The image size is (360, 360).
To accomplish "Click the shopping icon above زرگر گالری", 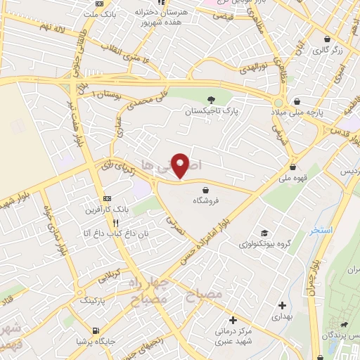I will coord(328,39).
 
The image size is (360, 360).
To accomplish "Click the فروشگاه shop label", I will coord(206,201).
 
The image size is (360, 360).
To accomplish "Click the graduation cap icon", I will coord(264,233).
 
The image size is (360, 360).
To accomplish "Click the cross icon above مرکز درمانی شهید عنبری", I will coord(232,321).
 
